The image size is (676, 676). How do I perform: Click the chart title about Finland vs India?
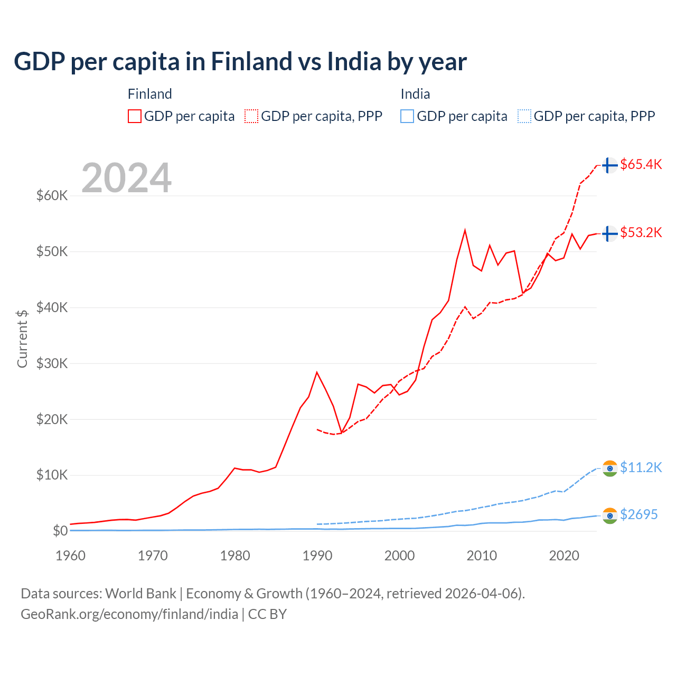(x=240, y=62)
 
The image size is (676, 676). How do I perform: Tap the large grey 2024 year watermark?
(x=126, y=178)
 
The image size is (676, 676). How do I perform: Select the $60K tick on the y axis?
(x=52, y=196)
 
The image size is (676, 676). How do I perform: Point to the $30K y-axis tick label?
(x=52, y=363)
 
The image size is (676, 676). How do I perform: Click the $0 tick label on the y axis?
(x=60, y=531)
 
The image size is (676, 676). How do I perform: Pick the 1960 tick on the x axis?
(x=70, y=556)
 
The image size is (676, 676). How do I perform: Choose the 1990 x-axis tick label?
(x=317, y=556)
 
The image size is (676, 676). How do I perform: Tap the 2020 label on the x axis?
(x=564, y=556)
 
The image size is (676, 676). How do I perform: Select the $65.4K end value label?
(x=641, y=165)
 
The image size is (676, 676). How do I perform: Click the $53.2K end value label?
(x=641, y=233)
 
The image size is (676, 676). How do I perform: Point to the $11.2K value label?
(x=641, y=468)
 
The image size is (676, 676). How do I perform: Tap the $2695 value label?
(x=639, y=514)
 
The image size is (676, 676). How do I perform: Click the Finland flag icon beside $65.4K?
(x=610, y=165)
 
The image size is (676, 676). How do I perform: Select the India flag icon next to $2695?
(x=610, y=515)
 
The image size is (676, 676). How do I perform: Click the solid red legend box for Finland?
(x=135, y=116)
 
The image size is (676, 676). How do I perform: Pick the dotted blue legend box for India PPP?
(x=524, y=116)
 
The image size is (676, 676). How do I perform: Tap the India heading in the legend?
(x=415, y=94)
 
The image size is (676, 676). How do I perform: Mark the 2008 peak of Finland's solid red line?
(x=465, y=230)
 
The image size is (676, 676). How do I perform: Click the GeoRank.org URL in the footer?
(x=129, y=614)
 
